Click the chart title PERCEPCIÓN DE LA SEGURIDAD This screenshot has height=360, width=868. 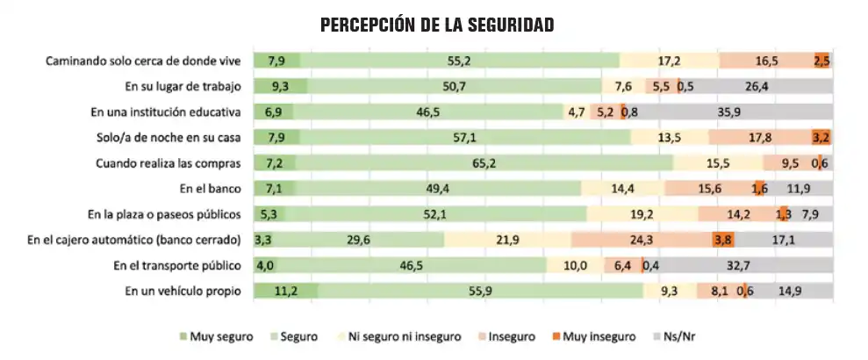(436, 25)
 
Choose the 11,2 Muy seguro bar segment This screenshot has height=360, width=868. (285, 290)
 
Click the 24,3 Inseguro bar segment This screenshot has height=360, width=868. (642, 239)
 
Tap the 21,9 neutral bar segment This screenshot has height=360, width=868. (508, 239)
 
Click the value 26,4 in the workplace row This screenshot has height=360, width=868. (757, 87)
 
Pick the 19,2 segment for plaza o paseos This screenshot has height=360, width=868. (642, 213)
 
